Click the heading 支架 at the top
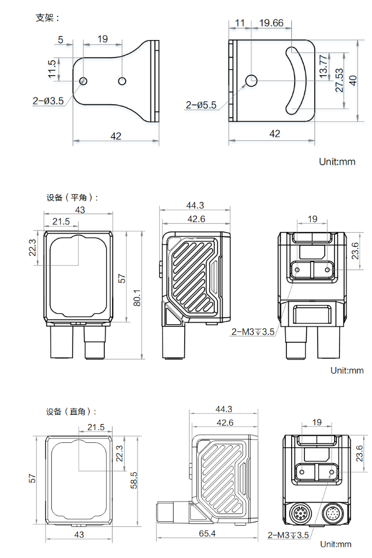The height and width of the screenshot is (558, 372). (x=47, y=18)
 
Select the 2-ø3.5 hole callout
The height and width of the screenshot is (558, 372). (x=49, y=100)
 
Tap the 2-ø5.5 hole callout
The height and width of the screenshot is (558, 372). (x=201, y=105)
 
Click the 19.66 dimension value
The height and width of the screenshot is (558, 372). (x=271, y=23)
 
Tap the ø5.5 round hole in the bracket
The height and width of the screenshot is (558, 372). (x=252, y=80)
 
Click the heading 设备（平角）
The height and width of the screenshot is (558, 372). (x=72, y=197)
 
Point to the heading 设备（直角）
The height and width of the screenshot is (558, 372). (x=71, y=412)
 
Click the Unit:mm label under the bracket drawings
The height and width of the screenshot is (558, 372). (x=337, y=162)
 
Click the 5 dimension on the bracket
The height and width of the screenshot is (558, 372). (x=60, y=40)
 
